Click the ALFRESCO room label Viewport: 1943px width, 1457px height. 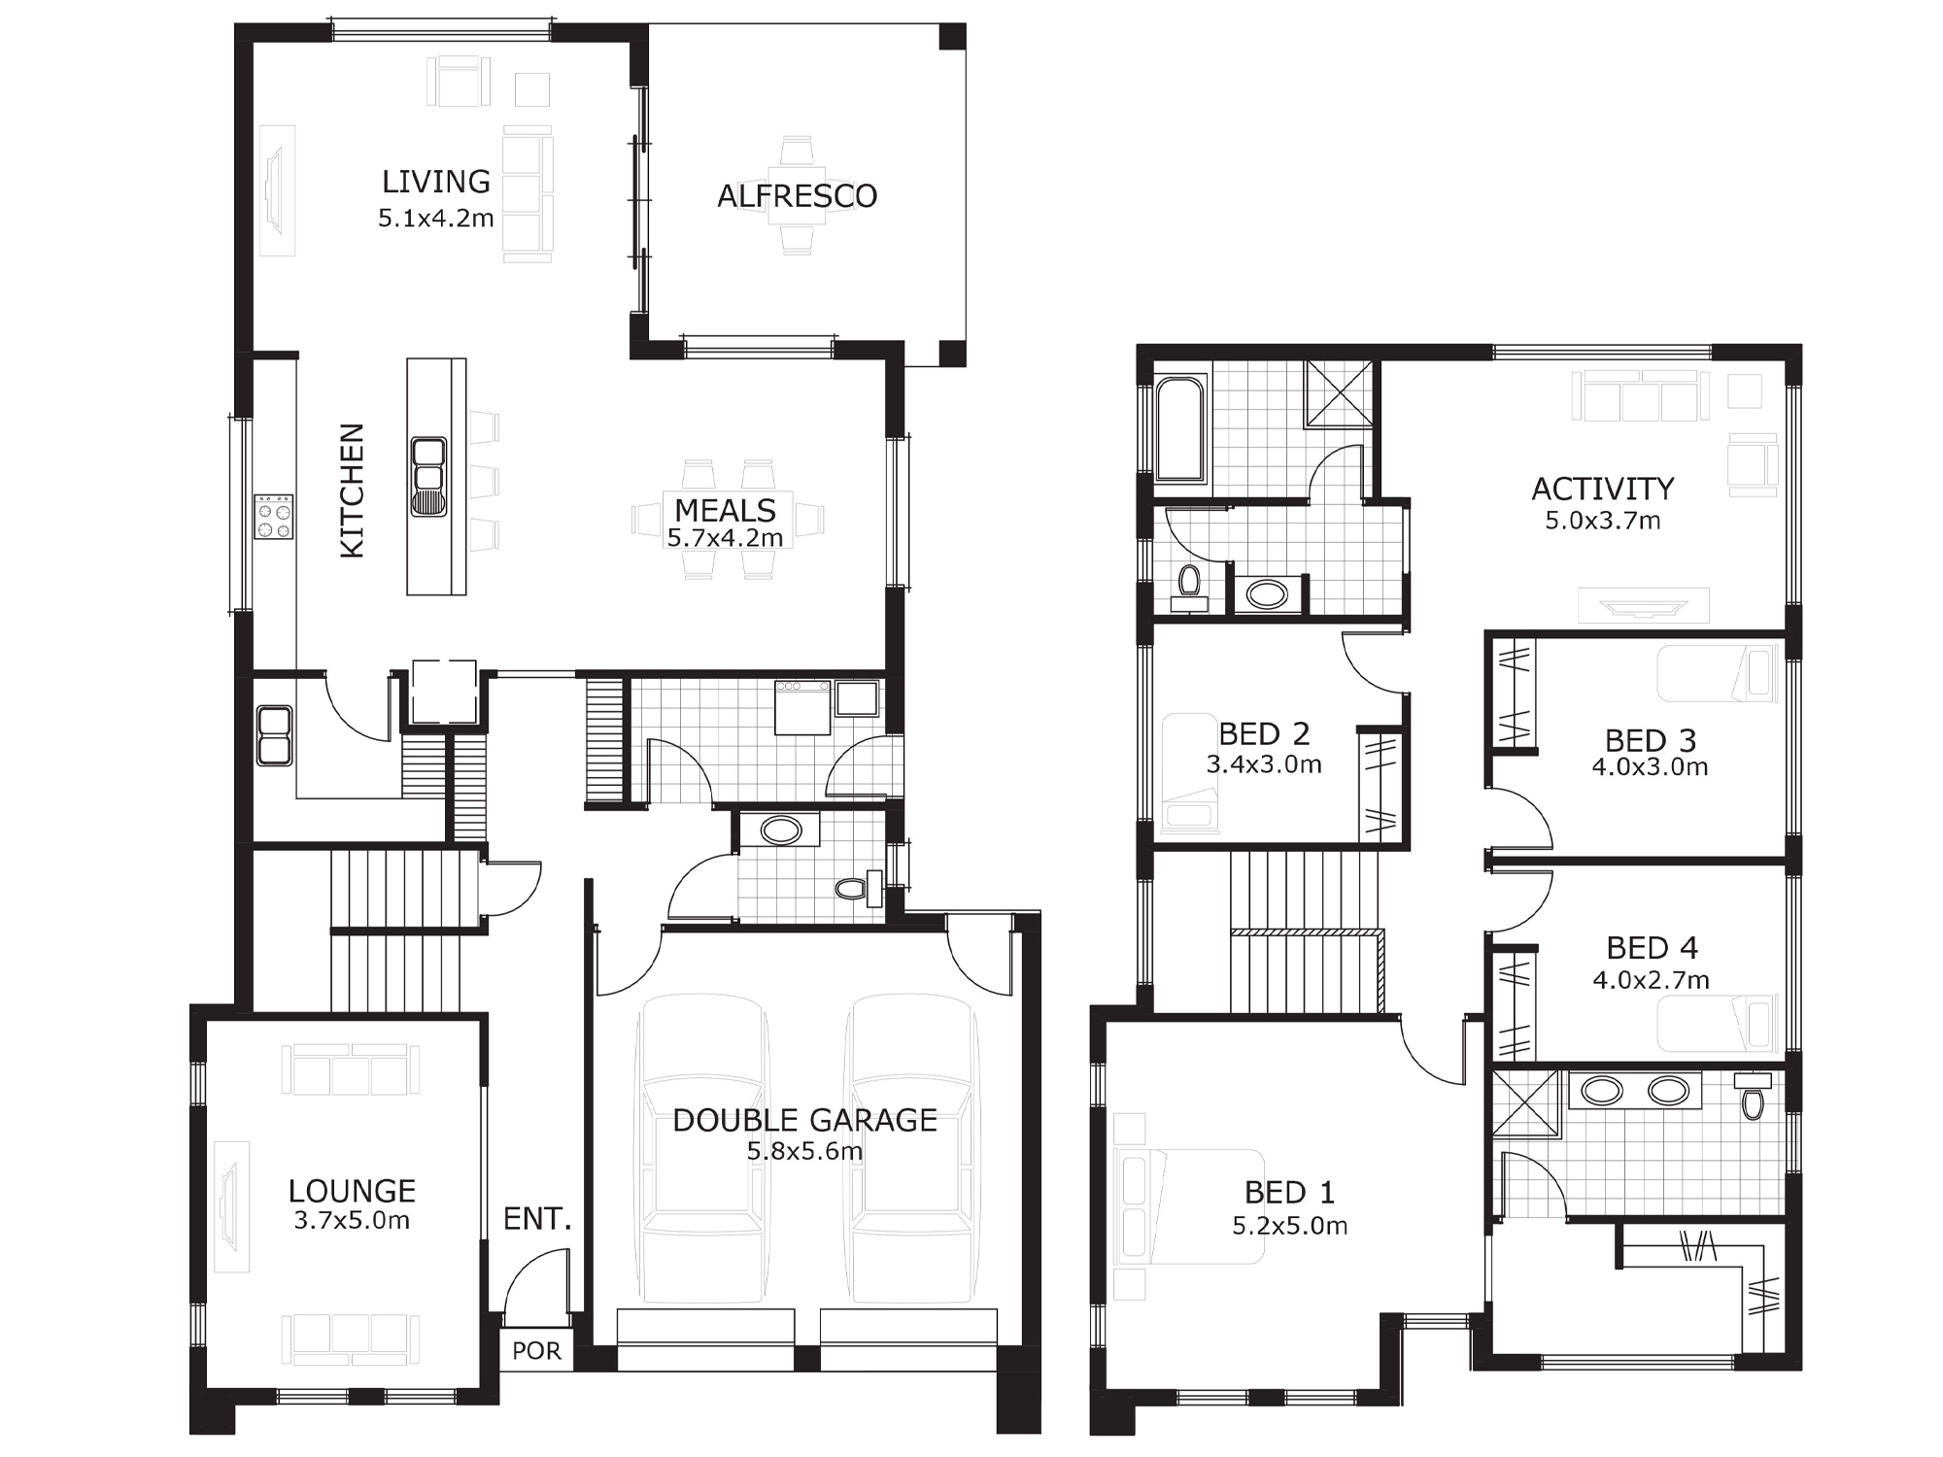(x=797, y=196)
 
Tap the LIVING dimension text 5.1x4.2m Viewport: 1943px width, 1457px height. (x=436, y=219)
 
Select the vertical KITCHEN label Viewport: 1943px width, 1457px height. (x=352, y=491)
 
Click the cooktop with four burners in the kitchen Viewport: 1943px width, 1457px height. (x=274, y=516)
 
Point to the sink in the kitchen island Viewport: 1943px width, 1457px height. (x=428, y=475)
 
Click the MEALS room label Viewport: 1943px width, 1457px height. (x=725, y=510)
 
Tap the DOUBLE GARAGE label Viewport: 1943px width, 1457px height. (x=804, y=1120)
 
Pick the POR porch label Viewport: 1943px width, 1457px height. (x=536, y=1351)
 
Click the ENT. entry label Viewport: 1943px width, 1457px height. (x=537, y=1218)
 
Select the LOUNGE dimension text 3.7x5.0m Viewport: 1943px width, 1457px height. (x=352, y=1221)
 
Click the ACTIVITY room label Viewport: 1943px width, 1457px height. (x=1603, y=489)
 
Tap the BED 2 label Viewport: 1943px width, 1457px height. (x=1264, y=733)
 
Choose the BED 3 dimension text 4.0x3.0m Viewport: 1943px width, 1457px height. (x=1650, y=767)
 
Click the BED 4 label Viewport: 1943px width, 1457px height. (x=1652, y=947)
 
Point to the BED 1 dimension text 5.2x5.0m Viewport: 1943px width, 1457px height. (x=1290, y=1226)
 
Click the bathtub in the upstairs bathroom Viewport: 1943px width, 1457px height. (x=1180, y=429)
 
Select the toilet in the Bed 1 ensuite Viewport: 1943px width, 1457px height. (x=1753, y=1097)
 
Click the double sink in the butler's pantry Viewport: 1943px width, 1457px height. (x=274, y=735)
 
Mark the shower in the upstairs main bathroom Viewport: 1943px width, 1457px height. (x=1339, y=393)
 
